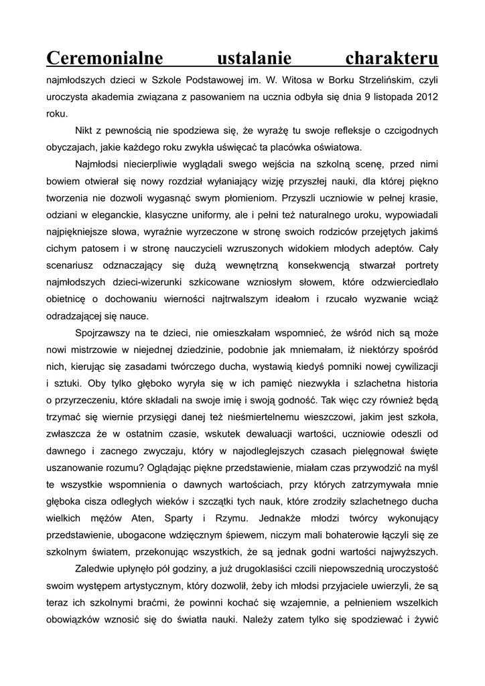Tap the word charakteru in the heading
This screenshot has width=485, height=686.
pyautogui.click(x=392, y=58)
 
